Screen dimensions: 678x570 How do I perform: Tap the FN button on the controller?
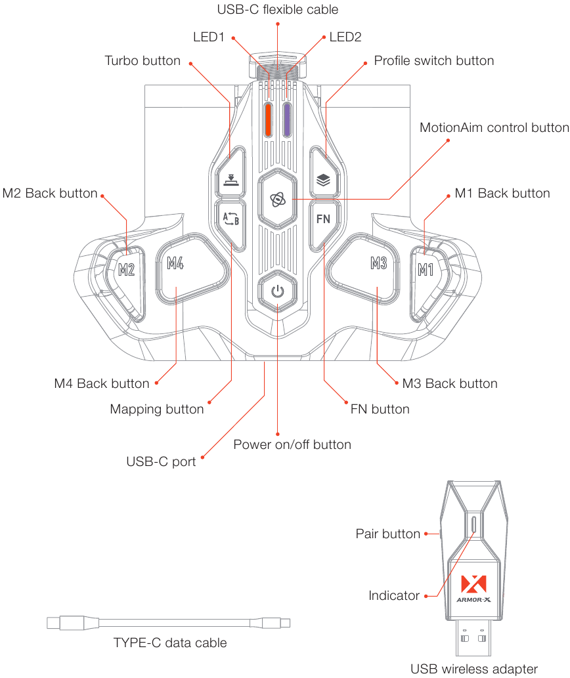coord(323,219)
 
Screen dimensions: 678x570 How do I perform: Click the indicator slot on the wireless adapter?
coord(473,526)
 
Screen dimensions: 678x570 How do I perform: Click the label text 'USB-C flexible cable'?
coord(277,10)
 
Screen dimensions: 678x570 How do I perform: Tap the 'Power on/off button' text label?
coord(292,444)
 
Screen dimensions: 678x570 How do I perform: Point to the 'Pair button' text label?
coord(387,534)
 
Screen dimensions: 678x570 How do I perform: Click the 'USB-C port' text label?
coord(161,461)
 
